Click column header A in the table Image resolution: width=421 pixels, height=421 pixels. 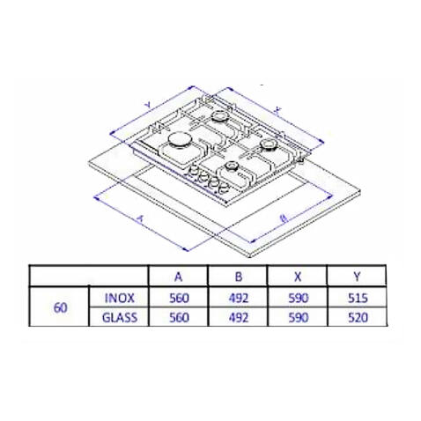coord(178,277)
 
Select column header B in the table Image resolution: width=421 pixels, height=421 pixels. coord(239,277)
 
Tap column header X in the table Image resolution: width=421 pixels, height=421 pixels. coord(298,277)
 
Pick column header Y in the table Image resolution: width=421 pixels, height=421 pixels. coord(357,277)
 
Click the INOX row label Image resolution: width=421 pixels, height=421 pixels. coord(120,299)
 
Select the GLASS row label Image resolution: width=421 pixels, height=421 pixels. coord(120,318)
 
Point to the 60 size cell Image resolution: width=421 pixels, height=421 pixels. coord(61,308)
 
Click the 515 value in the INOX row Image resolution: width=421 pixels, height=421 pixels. coord(358,299)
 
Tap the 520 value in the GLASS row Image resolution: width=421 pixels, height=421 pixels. coord(358,318)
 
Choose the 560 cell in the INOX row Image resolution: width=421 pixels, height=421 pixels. coord(179,299)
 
